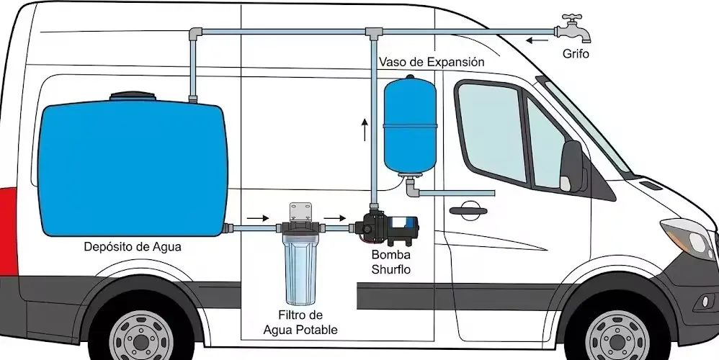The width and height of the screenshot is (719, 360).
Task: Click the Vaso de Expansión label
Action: [431, 63]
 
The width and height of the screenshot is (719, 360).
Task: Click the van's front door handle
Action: [466, 211]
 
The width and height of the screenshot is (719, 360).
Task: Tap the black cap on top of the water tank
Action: [131, 96]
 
